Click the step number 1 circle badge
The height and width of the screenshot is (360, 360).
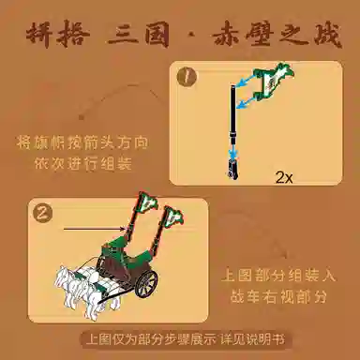pyautogui.click(x=187, y=77)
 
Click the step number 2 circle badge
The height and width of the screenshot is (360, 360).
pyautogui.click(x=43, y=213)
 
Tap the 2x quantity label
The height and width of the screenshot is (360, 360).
pyautogui.click(x=284, y=178)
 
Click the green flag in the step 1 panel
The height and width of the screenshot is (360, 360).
pyautogui.click(x=274, y=82)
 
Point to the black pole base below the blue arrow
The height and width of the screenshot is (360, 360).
pyautogui.click(x=232, y=169)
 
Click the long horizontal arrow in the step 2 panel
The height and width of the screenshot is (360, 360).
pyautogui.click(x=96, y=229)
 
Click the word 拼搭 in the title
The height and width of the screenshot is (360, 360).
pyautogui.click(x=58, y=34)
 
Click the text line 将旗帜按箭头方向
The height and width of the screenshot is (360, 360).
pyautogui.click(x=82, y=142)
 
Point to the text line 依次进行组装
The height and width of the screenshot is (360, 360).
pyautogui.click(x=82, y=163)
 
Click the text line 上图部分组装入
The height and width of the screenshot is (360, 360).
pyautogui.click(x=278, y=276)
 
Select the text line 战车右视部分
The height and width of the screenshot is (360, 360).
pyautogui.click(x=278, y=296)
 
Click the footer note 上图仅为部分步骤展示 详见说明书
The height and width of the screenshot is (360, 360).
pyautogui.click(x=186, y=340)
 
